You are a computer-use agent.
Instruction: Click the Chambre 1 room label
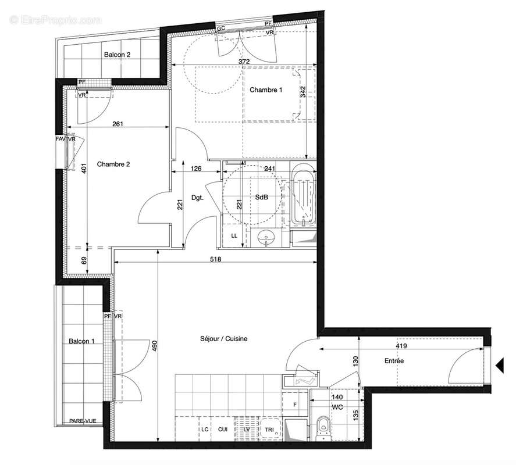[x=266, y=90]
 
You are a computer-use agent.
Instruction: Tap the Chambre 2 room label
[x=113, y=164]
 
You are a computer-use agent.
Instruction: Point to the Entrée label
[x=393, y=361]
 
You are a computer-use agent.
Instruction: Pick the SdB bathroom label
[x=261, y=197]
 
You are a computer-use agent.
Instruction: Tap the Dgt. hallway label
[x=197, y=198]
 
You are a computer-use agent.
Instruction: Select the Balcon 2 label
[x=117, y=55]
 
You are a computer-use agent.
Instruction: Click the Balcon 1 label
[x=81, y=341]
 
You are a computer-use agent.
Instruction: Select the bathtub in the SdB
[x=303, y=195]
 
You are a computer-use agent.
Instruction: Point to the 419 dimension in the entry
[x=402, y=345]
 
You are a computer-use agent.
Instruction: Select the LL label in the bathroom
[x=234, y=236]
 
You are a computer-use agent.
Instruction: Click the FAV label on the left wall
[x=60, y=139]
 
